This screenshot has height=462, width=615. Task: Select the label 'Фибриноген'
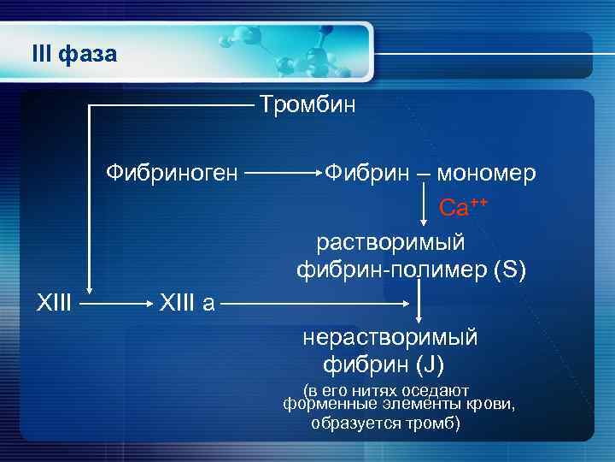(x=172, y=173)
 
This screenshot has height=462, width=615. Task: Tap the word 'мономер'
(x=487, y=173)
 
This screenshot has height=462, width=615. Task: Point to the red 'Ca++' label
(x=463, y=207)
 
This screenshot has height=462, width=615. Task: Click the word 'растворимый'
(x=403, y=242)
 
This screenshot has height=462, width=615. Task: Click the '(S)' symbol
(x=511, y=271)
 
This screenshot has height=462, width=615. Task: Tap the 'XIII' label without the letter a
(x=55, y=301)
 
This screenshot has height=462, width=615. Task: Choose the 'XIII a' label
(x=186, y=301)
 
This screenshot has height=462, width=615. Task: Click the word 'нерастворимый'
(x=390, y=337)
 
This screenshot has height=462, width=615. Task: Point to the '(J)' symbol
(x=430, y=365)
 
